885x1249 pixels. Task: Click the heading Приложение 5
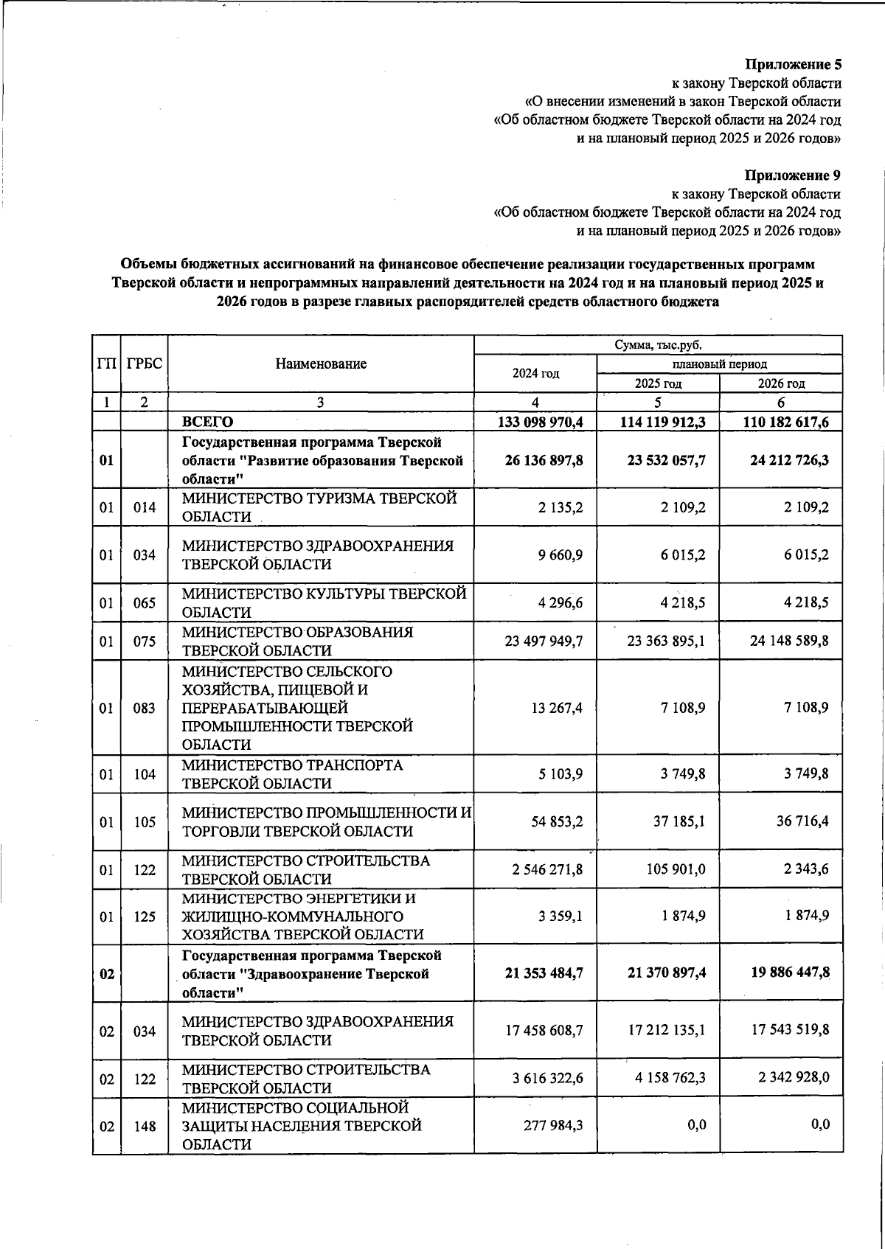(793, 64)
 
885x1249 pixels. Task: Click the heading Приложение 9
(793, 175)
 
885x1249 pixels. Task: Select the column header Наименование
(321, 363)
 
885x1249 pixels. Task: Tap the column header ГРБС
(145, 363)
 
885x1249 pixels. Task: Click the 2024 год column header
(535, 373)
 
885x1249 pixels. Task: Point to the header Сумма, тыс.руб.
(658, 345)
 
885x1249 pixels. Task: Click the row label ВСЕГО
(207, 422)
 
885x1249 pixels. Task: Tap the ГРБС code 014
(145, 507)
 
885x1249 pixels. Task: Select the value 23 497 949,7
(544, 641)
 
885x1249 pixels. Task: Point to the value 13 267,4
(557, 708)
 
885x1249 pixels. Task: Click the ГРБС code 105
(145, 821)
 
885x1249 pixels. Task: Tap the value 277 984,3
(552, 1125)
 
